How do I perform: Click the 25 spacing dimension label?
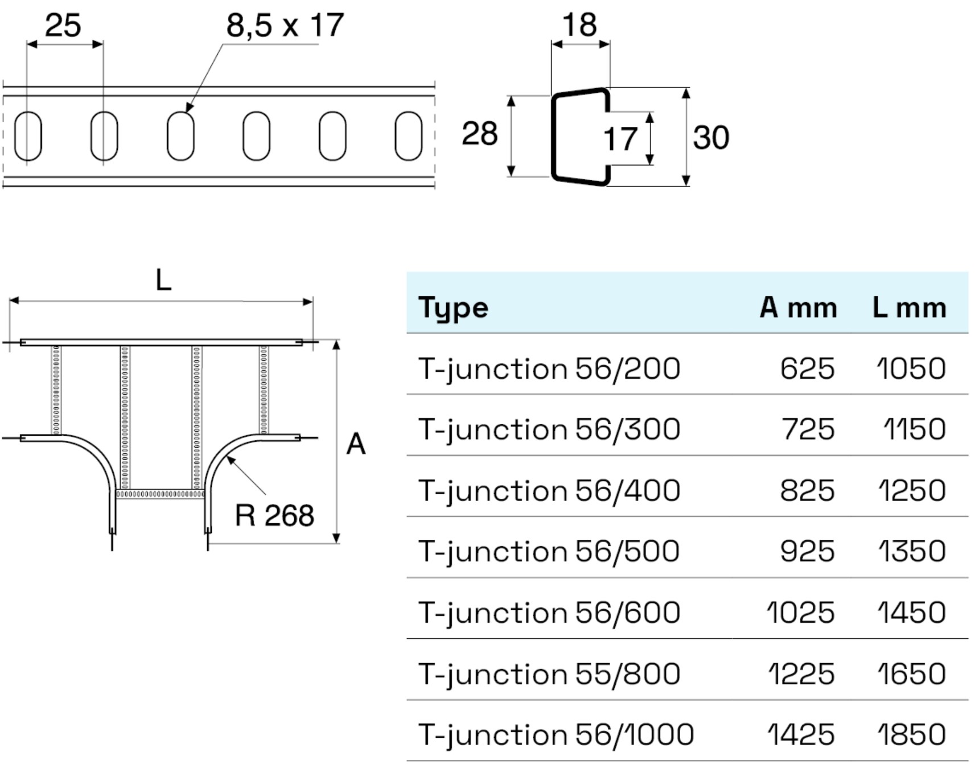pos(63,26)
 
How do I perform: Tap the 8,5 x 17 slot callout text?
pos(285,26)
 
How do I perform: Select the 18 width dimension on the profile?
pos(579,26)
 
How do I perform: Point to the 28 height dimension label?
pos(479,134)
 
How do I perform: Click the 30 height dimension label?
pos(711,138)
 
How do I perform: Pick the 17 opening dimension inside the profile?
pos(620,139)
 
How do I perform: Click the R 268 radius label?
pos(274,516)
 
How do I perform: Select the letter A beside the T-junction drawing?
pos(356,444)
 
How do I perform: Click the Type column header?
pos(453,308)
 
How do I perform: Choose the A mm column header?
pos(798,308)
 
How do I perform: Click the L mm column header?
pos(909,308)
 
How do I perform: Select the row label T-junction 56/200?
pos(549,369)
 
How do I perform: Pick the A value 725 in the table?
pos(808,429)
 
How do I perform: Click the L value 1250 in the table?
pos(911,491)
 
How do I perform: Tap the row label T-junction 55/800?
pos(549,674)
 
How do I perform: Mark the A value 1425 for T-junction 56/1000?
pos(800,735)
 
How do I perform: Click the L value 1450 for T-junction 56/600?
pos(911,613)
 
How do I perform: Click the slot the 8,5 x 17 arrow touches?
pos(180,136)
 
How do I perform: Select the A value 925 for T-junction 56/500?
pos(807,552)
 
